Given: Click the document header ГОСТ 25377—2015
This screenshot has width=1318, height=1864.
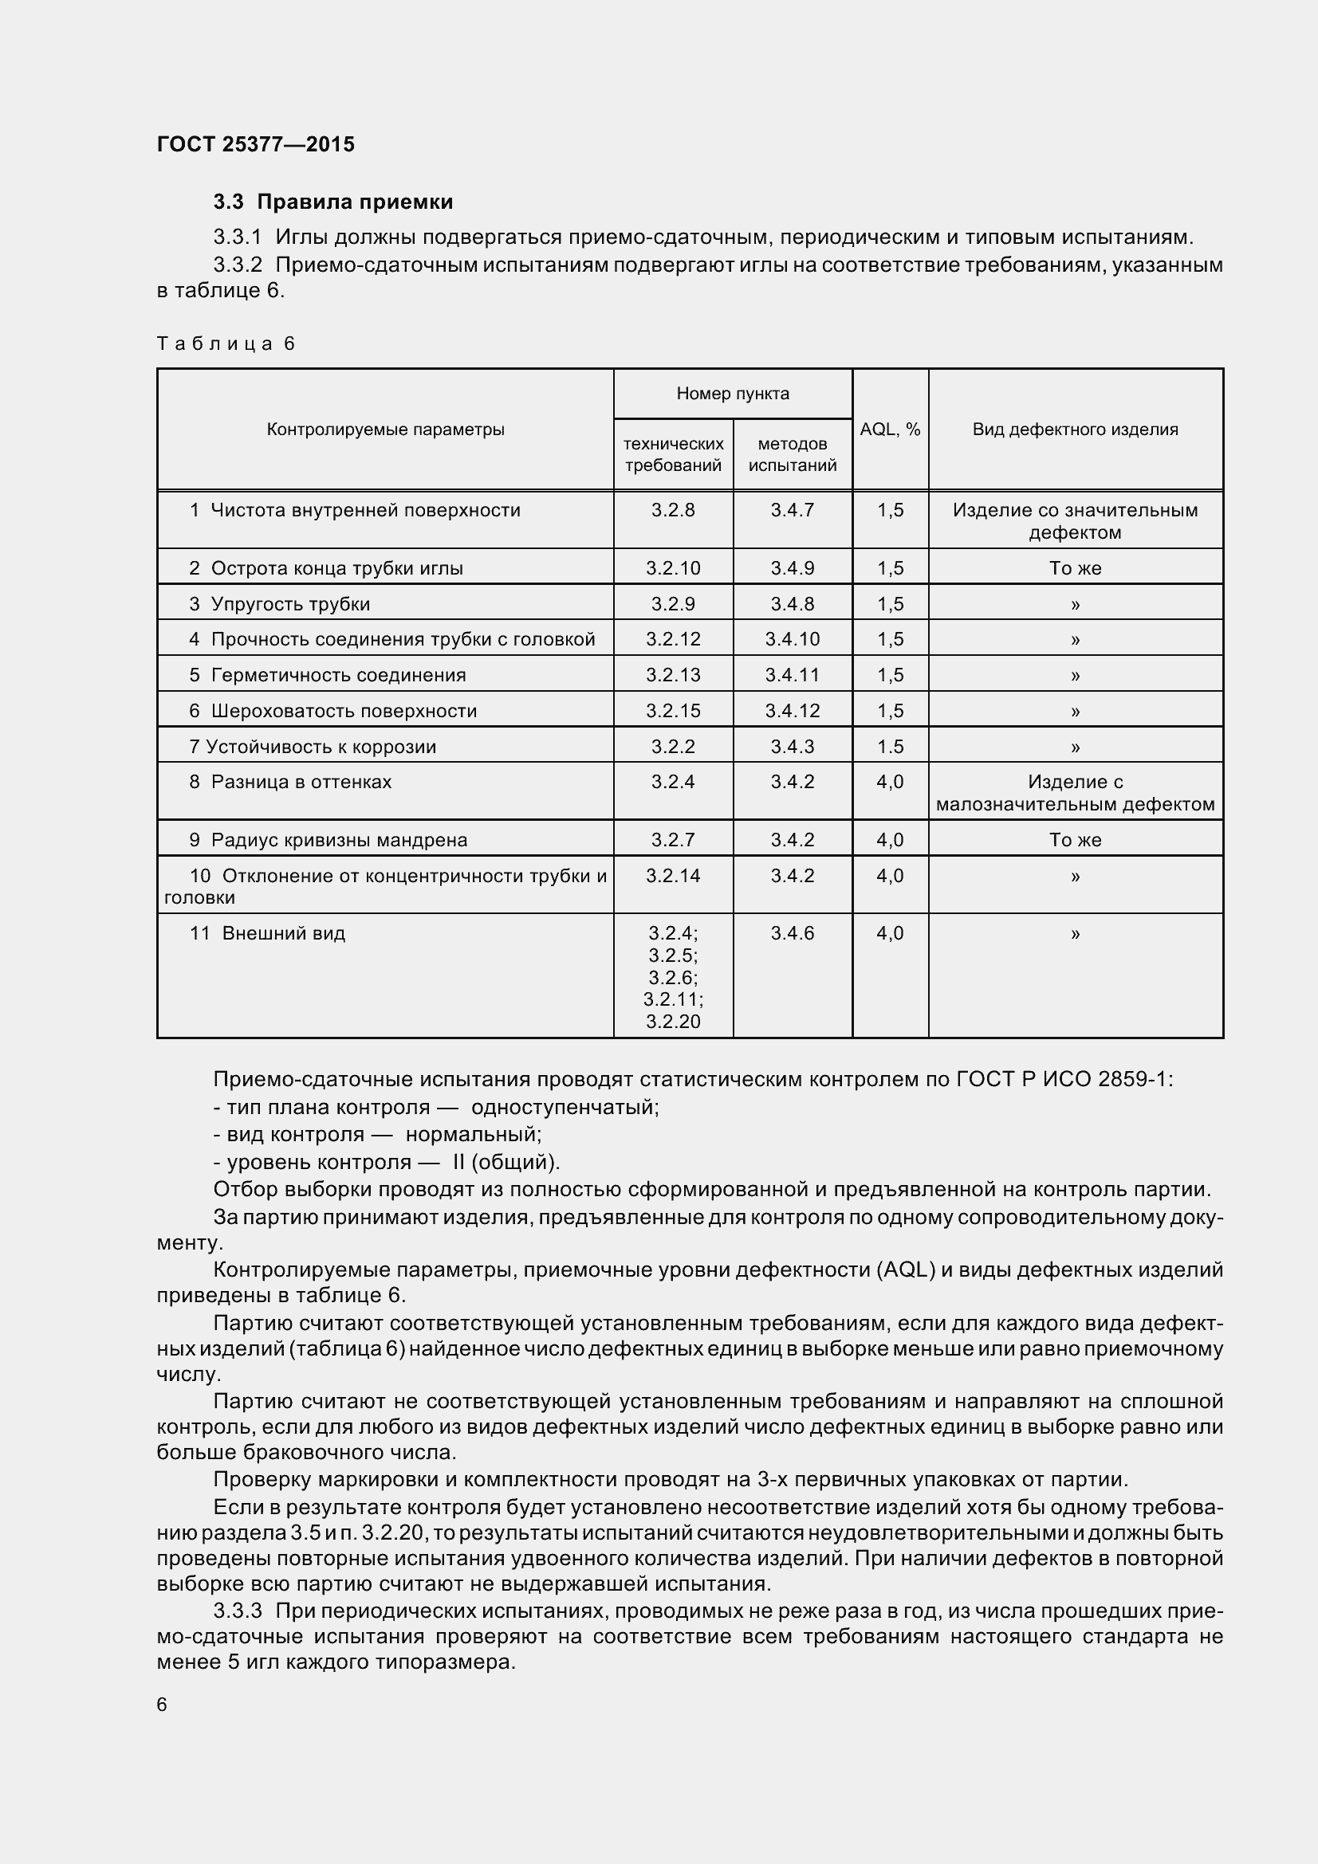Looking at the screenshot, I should point(256,144).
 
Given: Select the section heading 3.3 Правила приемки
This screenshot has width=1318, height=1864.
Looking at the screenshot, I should point(333,202).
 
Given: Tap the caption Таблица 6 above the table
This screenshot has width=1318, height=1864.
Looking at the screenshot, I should point(226,343).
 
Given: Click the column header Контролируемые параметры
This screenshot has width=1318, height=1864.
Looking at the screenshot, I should point(386,430).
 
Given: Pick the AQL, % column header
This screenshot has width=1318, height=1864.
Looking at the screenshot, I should point(890,430).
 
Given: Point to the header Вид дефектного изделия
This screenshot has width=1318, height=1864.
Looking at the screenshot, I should point(1075,430).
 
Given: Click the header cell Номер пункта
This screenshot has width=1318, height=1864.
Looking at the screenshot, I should point(733,394).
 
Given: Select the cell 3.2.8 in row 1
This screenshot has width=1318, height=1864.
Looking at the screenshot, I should point(673,510).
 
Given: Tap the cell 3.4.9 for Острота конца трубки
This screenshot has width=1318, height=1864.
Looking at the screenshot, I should point(793,568).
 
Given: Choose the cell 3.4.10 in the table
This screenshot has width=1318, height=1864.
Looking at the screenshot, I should point(793,639).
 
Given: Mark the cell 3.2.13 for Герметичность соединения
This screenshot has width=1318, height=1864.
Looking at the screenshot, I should point(673,675).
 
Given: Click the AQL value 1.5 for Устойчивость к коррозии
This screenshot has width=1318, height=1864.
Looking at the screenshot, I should point(890,746).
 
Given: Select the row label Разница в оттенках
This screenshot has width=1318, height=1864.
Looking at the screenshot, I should point(301,782).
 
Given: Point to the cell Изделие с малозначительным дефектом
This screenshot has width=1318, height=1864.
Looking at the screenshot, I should point(1075,793).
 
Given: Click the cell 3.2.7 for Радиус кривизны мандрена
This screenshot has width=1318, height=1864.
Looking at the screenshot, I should point(673,839).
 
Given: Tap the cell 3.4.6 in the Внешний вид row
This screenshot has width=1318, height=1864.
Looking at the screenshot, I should point(793,933).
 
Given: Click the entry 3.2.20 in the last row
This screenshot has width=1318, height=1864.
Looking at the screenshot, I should point(673,1022).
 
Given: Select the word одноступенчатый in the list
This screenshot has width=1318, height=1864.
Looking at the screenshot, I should point(565,1108).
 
